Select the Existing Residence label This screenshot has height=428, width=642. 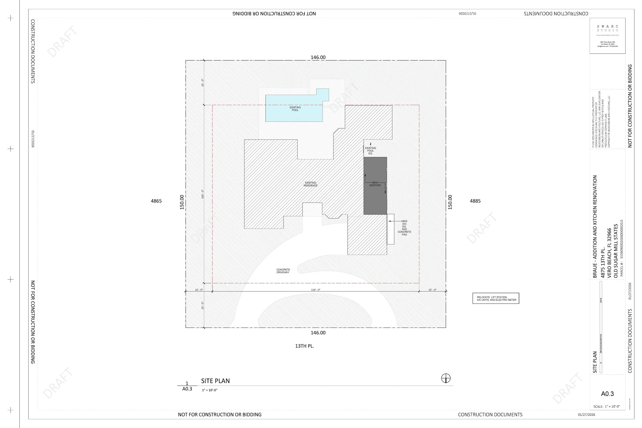310,184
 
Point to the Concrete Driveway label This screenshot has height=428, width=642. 283,271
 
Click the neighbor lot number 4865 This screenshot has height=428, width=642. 156,201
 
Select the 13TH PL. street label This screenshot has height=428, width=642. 304,346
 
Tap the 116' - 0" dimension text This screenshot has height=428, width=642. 316,290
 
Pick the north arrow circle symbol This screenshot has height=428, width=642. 446,378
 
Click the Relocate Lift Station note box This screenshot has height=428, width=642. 496,298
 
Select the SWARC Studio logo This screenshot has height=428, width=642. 607,28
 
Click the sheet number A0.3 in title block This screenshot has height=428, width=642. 607,394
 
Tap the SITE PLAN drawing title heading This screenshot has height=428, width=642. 215,381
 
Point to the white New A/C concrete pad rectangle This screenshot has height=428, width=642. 391,229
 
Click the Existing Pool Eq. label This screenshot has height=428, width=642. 370,151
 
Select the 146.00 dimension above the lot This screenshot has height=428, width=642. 318,57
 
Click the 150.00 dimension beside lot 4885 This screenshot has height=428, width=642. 450,202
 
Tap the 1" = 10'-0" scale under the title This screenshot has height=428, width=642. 209,390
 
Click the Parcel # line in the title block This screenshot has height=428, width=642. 622,248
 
